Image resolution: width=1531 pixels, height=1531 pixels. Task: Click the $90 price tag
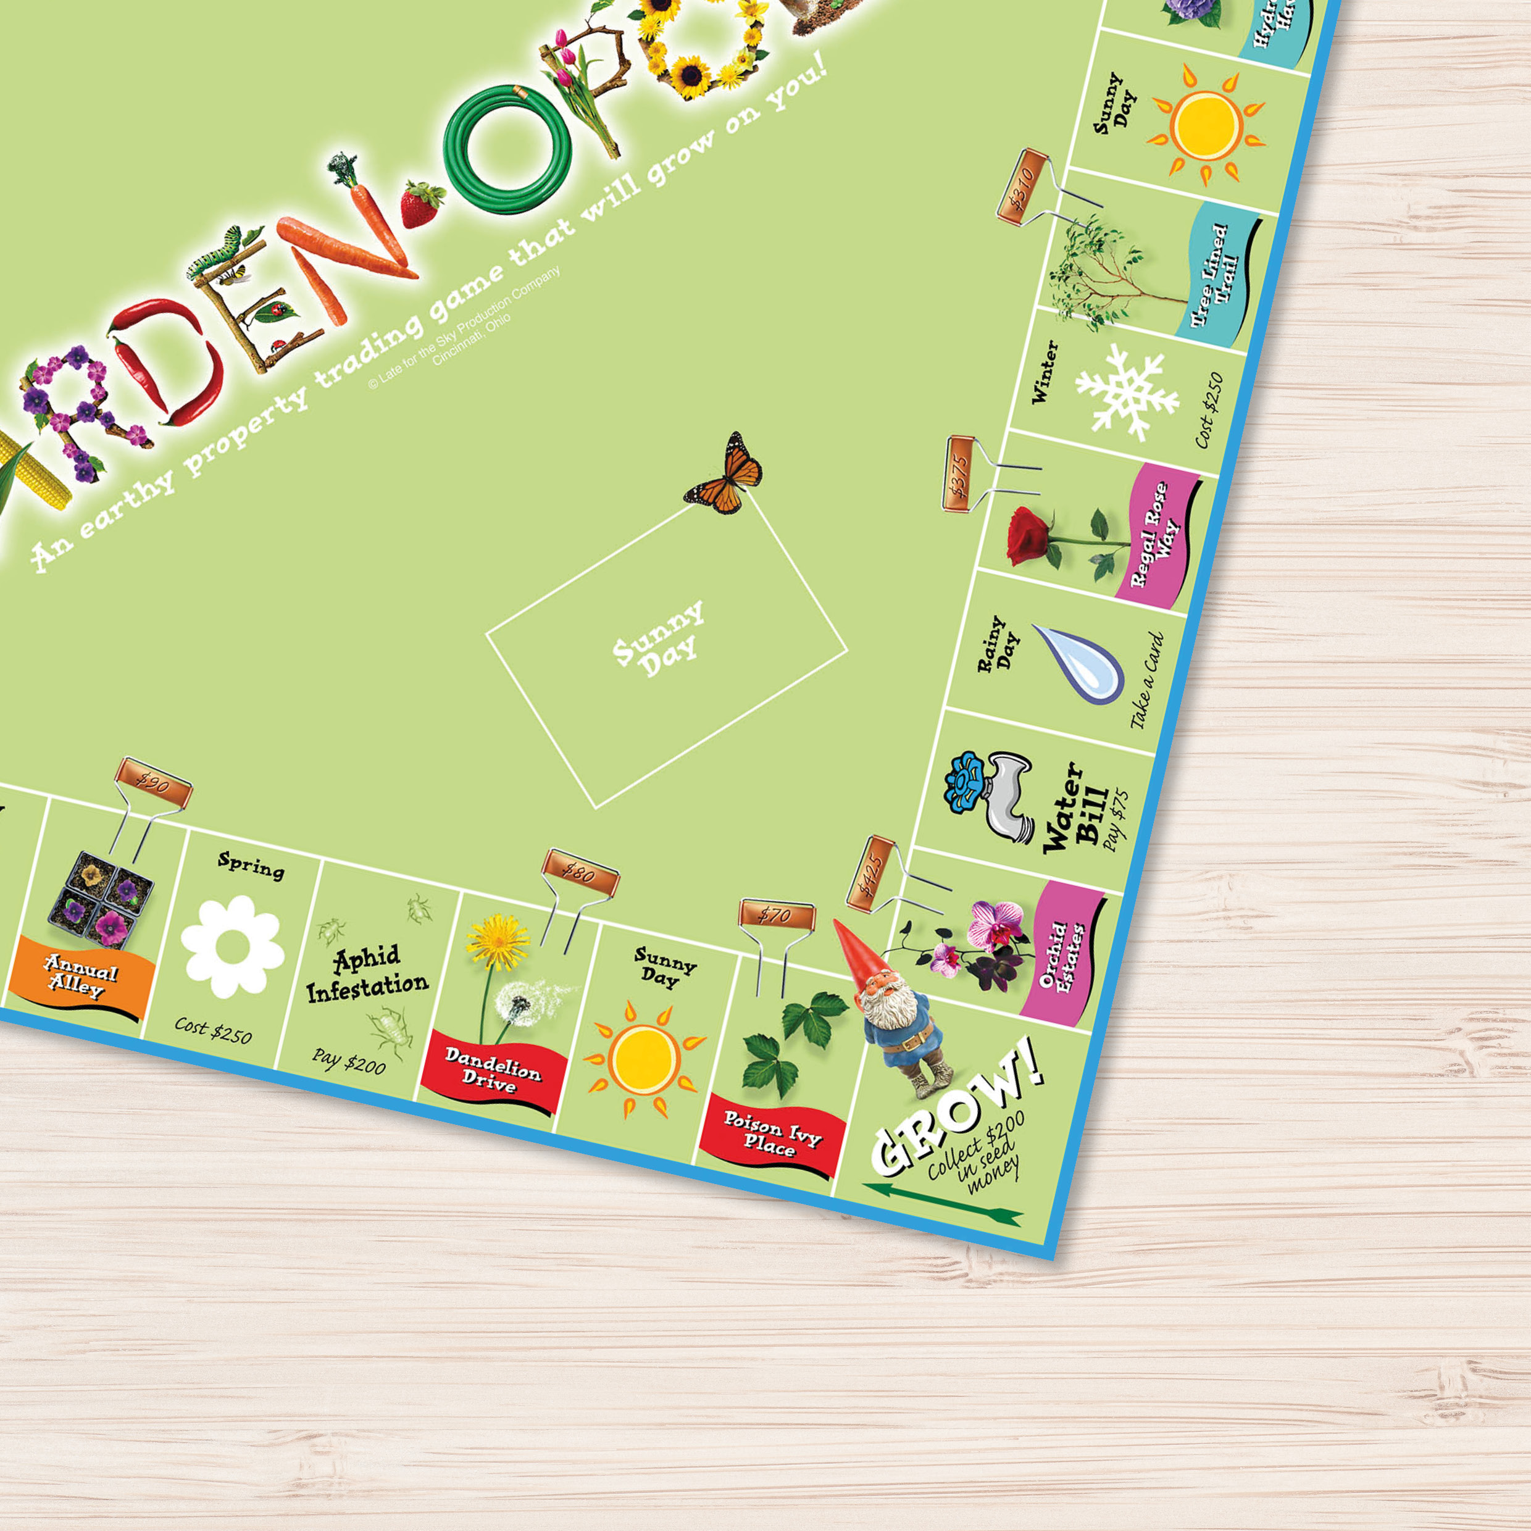153,783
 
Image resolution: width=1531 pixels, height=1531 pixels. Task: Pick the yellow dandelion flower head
497,939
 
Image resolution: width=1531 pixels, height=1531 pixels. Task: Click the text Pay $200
349,1062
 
